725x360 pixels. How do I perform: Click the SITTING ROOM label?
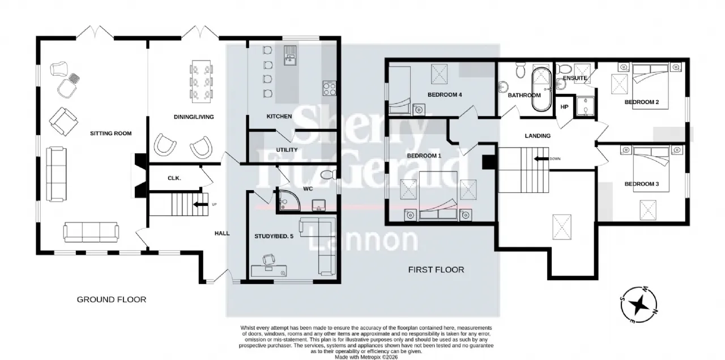point(110,133)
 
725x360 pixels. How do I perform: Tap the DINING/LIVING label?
point(194,117)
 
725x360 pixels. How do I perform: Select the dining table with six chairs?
point(201,81)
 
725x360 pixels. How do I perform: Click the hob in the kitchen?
point(330,88)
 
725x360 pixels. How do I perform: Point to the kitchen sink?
point(290,55)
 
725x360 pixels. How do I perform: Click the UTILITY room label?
point(287,150)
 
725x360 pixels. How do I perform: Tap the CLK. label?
point(174,178)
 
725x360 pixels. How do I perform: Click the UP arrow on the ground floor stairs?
point(201,204)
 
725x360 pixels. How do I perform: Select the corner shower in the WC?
point(288,200)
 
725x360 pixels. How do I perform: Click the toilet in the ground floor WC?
point(328,175)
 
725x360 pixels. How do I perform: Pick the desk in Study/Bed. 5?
point(269,271)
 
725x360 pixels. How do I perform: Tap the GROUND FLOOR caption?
point(112,299)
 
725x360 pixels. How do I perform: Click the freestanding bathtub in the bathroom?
point(541,89)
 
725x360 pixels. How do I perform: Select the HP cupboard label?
point(565,107)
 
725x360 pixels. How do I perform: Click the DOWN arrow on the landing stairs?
point(541,159)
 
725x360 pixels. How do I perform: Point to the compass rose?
point(639,305)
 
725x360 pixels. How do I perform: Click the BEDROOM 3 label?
point(642,184)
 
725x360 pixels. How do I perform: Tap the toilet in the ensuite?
point(565,68)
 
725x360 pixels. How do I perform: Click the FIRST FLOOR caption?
point(436,270)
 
